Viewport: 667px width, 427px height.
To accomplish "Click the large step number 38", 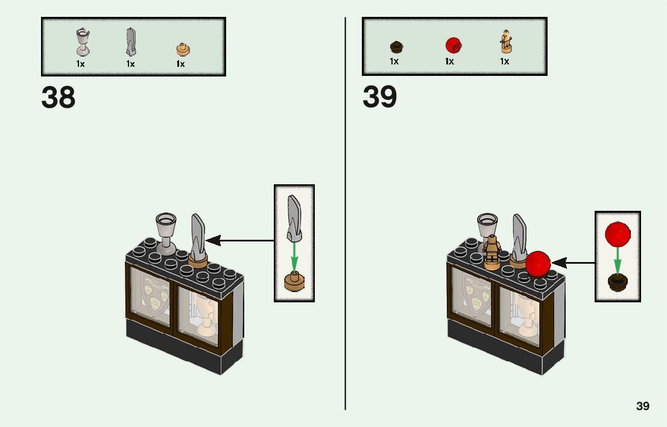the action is [58, 98].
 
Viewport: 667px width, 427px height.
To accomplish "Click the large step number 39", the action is [379, 98].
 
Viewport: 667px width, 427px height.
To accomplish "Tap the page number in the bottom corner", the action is [643, 406].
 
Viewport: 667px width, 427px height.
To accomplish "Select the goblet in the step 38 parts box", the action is [81, 42].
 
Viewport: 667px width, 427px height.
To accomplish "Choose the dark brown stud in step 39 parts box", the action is [396, 46].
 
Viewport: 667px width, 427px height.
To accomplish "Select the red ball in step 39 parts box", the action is [452, 45].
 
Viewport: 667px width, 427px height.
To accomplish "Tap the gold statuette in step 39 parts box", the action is [505, 42].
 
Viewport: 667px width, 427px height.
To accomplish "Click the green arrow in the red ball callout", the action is [618, 260].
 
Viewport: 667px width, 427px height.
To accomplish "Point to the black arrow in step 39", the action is [572, 263].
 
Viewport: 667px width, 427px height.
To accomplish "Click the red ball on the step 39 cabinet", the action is [538, 264].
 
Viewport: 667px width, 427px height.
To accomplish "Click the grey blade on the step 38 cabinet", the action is [198, 237].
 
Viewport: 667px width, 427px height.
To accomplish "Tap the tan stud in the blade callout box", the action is [294, 281].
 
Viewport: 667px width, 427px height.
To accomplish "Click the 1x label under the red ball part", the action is [449, 61].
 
